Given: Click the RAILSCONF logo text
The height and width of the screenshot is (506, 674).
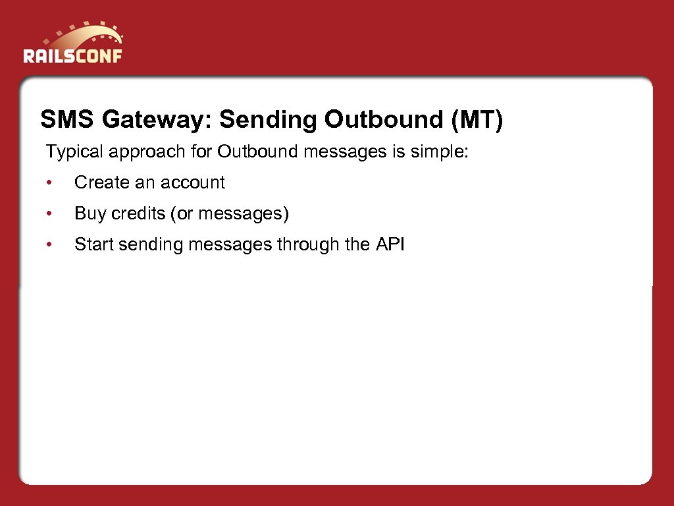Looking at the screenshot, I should [x=72, y=55].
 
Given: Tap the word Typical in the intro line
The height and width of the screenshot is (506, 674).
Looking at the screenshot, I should [x=74, y=152].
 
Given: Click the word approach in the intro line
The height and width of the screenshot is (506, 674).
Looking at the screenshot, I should [x=141, y=152].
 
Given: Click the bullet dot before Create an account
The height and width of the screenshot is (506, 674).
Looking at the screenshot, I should [x=49, y=183].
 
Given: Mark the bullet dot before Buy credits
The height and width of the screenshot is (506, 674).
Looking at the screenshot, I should [x=49, y=214].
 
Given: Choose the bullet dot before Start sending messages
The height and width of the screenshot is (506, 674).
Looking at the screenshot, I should [x=49, y=245].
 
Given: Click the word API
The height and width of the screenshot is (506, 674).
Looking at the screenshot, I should [x=390, y=244].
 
